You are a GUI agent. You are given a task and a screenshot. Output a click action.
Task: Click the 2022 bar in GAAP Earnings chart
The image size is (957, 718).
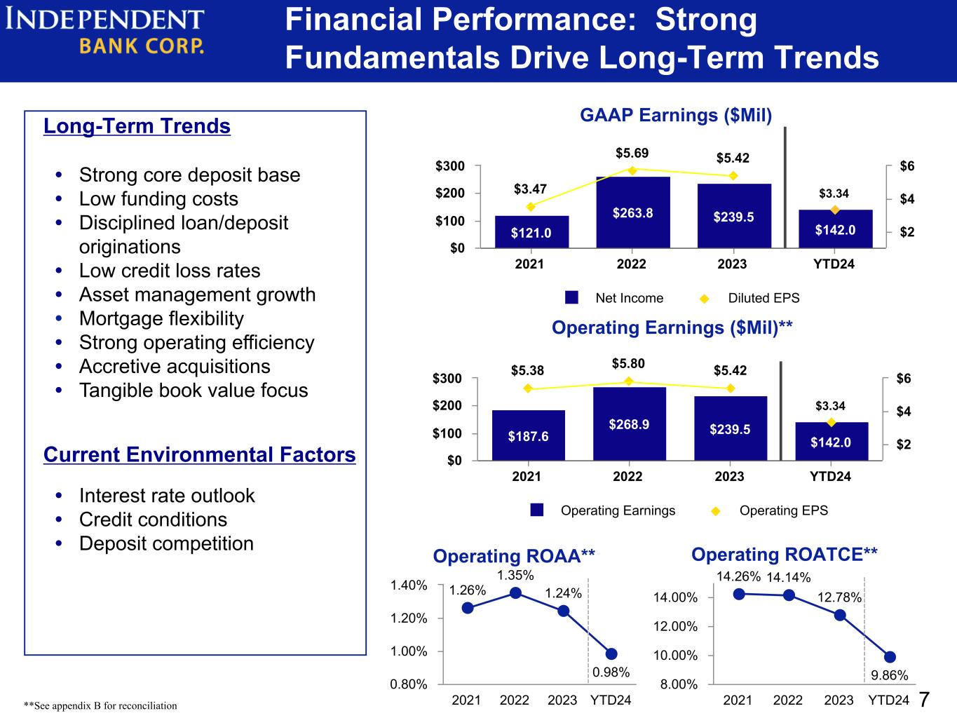click(632, 212)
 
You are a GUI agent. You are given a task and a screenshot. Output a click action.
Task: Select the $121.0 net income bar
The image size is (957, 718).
click(531, 232)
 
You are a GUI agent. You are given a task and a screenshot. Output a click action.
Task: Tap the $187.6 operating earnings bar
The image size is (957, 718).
click(529, 435)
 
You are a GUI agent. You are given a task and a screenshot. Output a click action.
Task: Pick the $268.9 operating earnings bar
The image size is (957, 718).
click(629, 424)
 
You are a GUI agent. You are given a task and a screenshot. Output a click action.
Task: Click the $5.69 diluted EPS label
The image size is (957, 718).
click(632, 153)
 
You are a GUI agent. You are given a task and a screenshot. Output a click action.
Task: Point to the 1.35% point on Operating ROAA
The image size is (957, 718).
click(516, 593)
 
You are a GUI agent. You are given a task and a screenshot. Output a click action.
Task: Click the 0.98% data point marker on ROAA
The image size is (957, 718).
click(611, 654)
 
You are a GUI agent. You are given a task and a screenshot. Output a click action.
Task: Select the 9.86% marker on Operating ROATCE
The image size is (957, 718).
click(890, 657)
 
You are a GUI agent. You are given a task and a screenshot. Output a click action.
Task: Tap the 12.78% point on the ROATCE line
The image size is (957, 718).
click(840, 616)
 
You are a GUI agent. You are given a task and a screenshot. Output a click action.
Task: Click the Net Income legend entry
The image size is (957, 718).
click(614, 298)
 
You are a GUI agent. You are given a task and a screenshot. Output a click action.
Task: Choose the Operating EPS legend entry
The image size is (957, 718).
click(769, 510)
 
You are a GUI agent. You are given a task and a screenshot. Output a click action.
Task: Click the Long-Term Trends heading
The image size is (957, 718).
click(137, 126)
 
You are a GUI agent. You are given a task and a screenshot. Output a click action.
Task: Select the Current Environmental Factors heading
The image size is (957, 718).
click(200, 454)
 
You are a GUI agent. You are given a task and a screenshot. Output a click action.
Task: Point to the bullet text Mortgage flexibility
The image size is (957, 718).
click(161, 318)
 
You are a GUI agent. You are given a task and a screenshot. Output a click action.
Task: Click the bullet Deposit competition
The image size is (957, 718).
click(166, 543)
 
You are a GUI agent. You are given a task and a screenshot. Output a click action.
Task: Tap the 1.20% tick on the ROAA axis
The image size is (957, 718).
click(409, 618)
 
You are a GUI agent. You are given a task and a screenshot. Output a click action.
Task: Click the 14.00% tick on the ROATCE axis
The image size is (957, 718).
click(675, 597)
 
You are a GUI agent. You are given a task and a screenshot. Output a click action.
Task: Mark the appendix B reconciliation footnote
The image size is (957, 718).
click(100, 705)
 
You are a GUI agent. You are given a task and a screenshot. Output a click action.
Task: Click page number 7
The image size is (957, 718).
click(924, 700)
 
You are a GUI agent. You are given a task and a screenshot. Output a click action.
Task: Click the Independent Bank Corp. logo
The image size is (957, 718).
click(104, 32)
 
